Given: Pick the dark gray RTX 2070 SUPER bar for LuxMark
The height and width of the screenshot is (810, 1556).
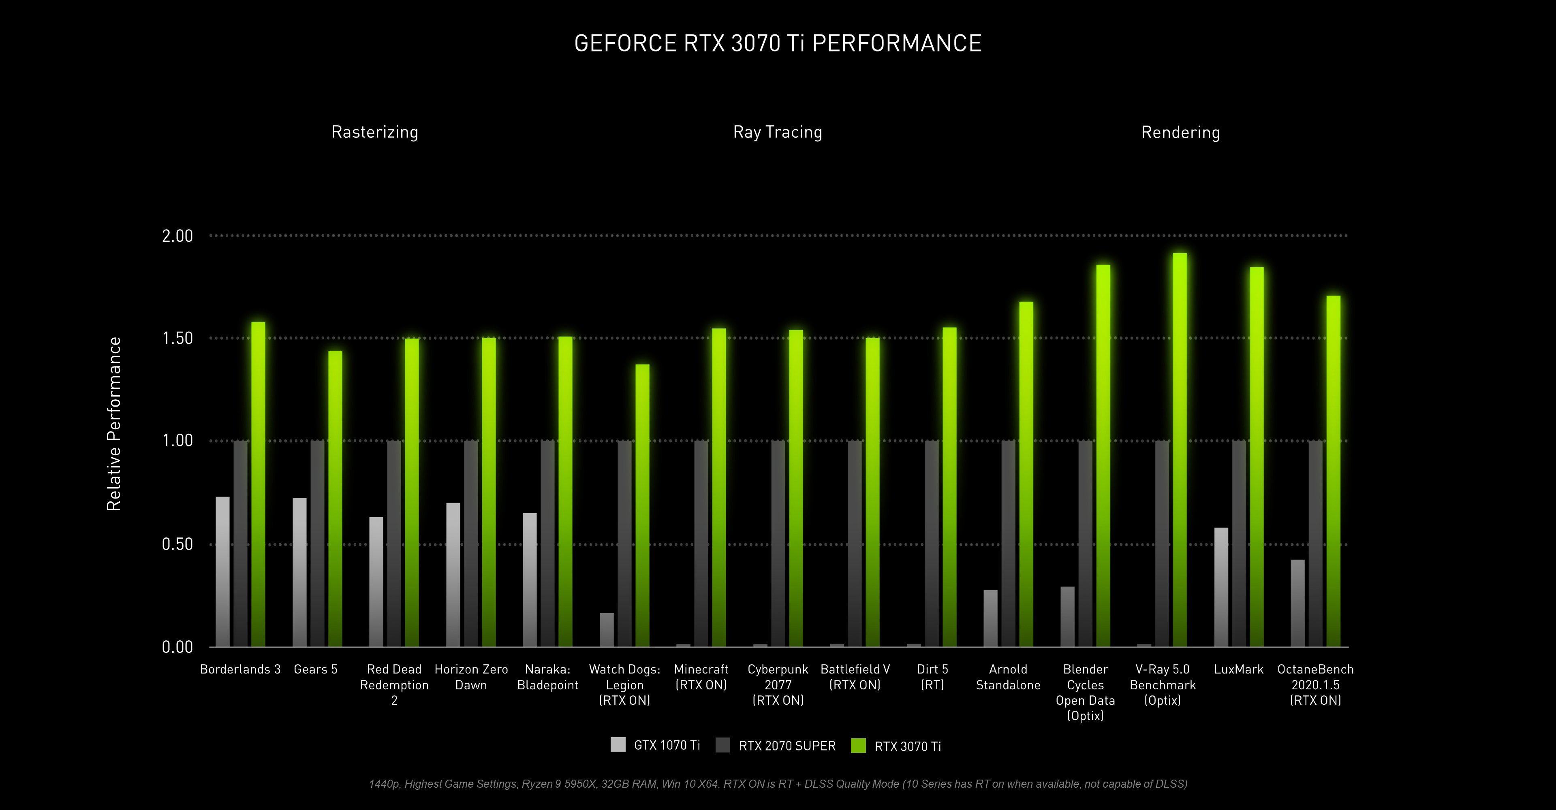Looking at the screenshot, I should (x=1239, y=543).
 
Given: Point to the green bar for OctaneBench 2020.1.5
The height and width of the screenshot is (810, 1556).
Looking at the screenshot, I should (x=1333, y=471).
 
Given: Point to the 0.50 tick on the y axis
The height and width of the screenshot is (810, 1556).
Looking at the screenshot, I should (x=177, y=544).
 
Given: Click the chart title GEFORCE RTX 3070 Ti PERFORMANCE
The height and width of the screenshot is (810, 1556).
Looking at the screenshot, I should (x=778, y=43).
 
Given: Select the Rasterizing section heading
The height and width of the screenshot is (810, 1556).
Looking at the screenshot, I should (x=374, y=132).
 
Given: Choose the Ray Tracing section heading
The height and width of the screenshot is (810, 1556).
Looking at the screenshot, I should (x=778, y=132).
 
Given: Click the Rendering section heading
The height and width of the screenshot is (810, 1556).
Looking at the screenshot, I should (x=1180, y=132).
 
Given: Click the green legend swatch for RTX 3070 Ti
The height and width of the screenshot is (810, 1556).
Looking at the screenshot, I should (x=858, y=746).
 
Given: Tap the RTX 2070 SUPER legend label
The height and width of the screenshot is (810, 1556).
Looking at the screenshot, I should (x=787, y=746).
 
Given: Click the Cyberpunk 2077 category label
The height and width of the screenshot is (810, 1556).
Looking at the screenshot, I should (x=778, y=684).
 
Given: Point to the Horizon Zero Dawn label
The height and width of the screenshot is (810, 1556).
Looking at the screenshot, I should (x=471, y=677).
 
